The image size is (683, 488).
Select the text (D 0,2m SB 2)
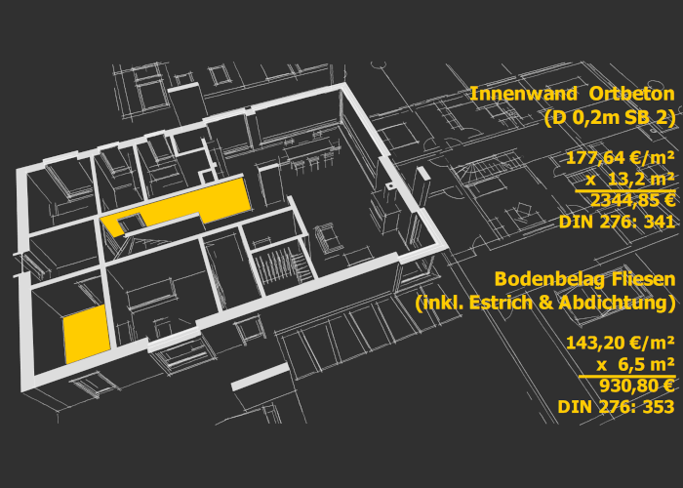(x=610, y=118)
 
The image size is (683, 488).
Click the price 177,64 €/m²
(x=621, y=158)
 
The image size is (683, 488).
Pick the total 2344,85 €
(x=633, y=201)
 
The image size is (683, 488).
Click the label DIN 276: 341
(x=618, y=222)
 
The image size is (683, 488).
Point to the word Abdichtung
(x=615, y=303)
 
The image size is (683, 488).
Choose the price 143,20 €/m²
(x=621, y=344)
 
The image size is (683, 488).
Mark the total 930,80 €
(x=637, y=386)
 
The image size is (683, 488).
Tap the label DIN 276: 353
(x=617, y=407)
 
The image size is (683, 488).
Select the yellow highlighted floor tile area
(x=87, y=334)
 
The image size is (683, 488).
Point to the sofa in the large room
(x=328, y=237)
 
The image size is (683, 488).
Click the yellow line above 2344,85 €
(x=625, y=190)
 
